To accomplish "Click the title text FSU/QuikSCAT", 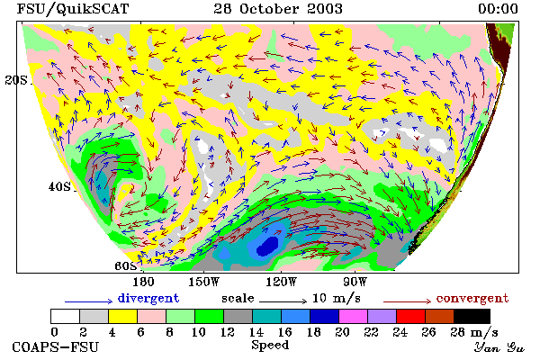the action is (x=73, y=9).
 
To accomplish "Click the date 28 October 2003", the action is (x=278, y=9).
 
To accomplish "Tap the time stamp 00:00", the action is (x=498, y=9).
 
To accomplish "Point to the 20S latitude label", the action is (x=16, y=80).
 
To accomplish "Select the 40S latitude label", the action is (x=59, y=186).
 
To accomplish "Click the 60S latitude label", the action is (x=125, y=266).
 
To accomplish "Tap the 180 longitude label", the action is (x=143, y=282).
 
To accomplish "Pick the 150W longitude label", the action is (x=204, y=282).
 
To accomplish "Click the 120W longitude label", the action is (x=281, y=282).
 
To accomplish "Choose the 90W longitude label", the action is (x=355, y=282).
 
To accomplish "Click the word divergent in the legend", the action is (x=148, y=298).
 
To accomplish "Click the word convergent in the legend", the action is (x=472, y=298).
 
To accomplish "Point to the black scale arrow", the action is (x=283, y=301).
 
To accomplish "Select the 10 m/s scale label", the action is (x=336, y=298).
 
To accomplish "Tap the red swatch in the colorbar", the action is (x=410, y=316).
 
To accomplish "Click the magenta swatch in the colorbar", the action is (x=353, y=316).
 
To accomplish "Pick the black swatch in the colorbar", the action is (x=472, y=316).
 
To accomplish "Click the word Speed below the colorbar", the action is (x=270, y=346).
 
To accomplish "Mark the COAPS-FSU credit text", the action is (x=56, y=346).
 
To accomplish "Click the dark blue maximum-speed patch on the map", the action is (x=267, y=246).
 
